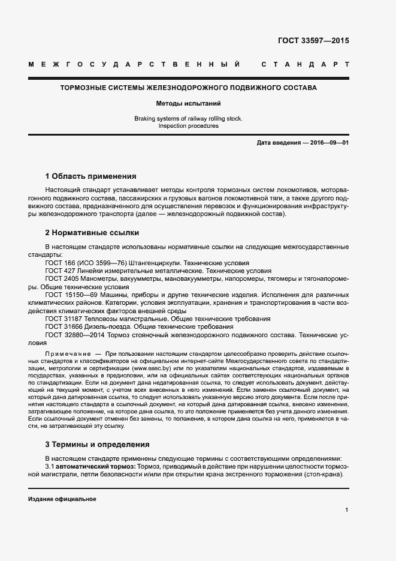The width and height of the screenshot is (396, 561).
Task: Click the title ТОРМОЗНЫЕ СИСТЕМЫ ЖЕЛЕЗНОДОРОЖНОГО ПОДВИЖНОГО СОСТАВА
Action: tap(189, 88)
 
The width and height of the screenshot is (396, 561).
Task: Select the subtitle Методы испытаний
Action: tap(189, 103)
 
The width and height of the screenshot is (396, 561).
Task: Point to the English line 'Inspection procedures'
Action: tap(189, 126)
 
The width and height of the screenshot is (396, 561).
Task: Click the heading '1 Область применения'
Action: tap(90, 176)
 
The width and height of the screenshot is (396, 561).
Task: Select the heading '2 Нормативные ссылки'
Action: tap(92, 232)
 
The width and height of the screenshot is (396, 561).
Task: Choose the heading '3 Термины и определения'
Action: tap(97, 445)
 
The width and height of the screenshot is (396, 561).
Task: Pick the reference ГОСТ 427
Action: tap(59, 271)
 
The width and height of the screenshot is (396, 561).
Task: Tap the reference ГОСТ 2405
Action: tap(62, 279)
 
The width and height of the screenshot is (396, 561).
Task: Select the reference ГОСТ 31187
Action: tap(64, 319)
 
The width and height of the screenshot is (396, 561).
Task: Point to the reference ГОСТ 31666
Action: tap(64, 327)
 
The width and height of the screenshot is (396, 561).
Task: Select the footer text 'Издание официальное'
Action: tap(62, 499)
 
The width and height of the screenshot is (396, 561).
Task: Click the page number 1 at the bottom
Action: tap(347, 509)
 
